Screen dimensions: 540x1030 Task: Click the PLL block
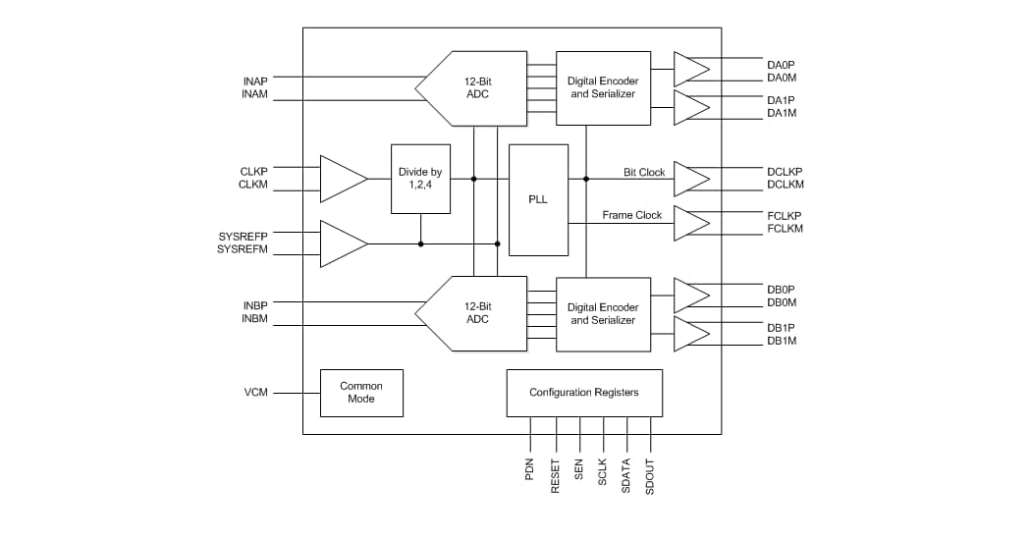[x=538, y=199]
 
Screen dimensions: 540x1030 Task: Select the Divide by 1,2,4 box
[x=420, y=179]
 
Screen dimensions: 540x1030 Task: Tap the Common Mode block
[x=361, y=393]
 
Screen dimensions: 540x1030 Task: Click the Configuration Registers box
[x=583, y=393]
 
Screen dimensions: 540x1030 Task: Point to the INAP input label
[x=254, y=80]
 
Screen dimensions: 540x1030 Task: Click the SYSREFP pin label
[x=242, y=237]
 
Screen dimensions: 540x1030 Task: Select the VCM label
[x=255, y=393]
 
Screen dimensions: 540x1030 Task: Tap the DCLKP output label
[x=785, y=172]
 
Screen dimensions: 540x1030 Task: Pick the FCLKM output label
[x=785, y=229]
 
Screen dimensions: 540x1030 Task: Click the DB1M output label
[x=782, y=341]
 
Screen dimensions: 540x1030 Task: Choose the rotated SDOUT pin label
[x=649, y=476]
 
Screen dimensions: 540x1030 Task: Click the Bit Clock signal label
[x=644, y=173]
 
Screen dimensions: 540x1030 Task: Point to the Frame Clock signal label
[x=631, y=215]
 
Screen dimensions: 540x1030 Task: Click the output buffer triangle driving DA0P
[x=689, y=69]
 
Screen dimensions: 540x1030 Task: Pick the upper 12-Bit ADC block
[x=474, y=88]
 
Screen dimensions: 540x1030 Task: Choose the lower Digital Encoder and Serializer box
[x=603, y=314]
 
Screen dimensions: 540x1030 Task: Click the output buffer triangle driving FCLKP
[x=689, y=223]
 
